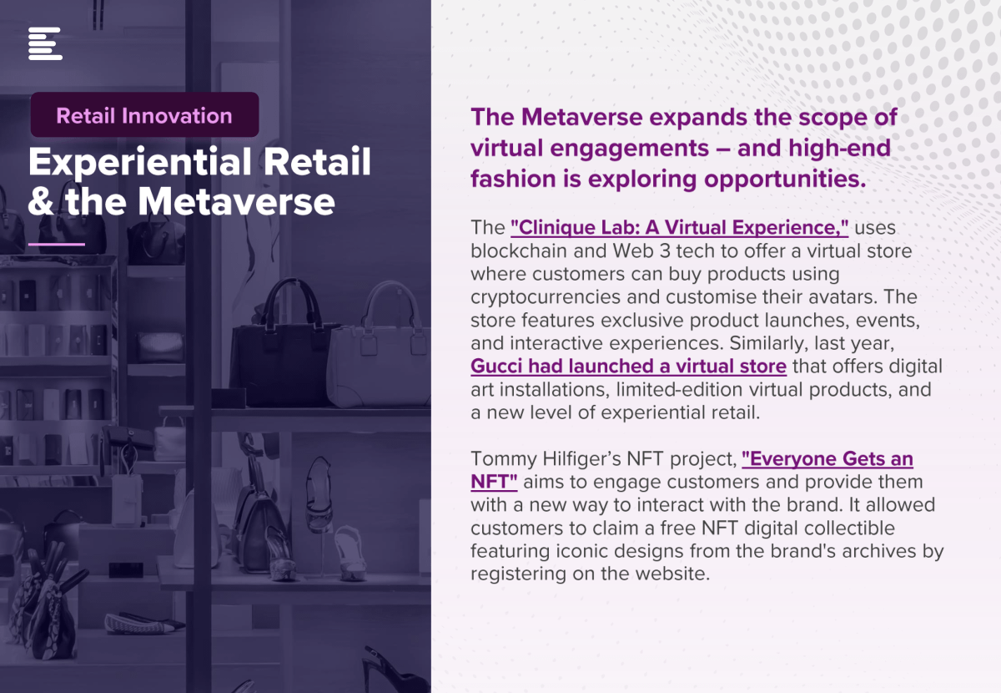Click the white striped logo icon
pos(45,43)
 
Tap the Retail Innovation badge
pos(144,114)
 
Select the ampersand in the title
pos(41,202)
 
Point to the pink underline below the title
pos(57,245)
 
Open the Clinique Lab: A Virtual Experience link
pos(679,228)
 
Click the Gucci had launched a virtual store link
pos(628,367)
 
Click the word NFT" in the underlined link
pos(494,482)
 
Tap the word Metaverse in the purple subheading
pos(582,117)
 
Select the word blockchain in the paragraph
pos(519,251)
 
